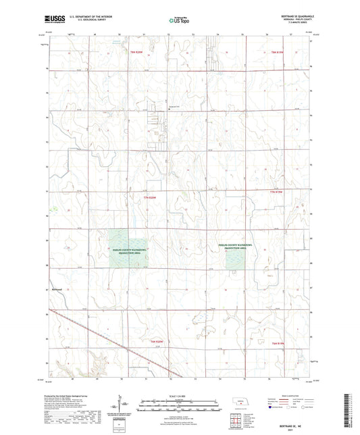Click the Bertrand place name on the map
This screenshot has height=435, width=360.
(57, 289)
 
